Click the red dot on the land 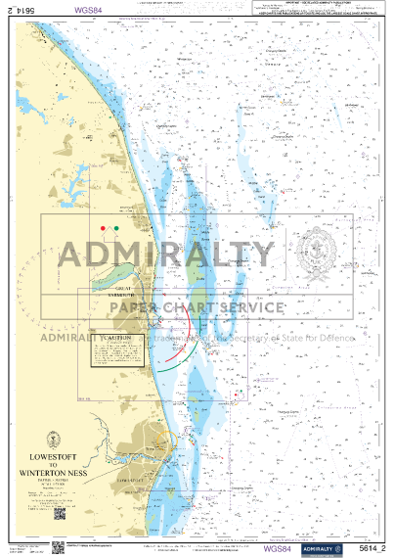[103, 228]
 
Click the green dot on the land [117, 228]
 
